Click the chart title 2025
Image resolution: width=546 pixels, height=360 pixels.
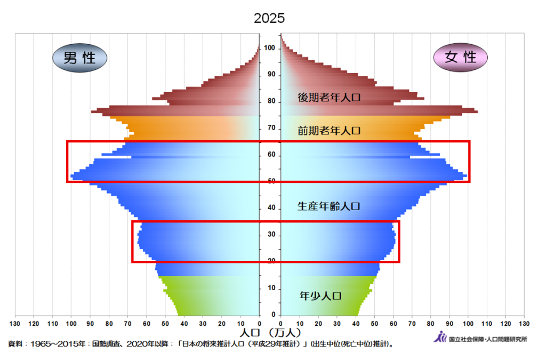[269, 18]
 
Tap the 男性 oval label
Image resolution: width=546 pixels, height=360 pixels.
[80, 58]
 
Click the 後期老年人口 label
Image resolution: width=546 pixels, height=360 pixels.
[330, 98]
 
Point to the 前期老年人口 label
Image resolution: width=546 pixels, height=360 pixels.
[330, 130]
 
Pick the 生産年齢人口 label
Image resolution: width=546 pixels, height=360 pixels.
[330, 206]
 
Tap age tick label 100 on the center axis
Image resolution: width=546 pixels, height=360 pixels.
[270, 49]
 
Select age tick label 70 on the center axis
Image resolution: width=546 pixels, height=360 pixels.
[270, 128]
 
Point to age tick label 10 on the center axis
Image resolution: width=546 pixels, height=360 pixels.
[270, 289]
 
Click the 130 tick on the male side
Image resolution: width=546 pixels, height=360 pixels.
[15, 323]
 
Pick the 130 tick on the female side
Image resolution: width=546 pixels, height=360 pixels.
[524, 323]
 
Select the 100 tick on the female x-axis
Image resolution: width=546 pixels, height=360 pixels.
[468, 323]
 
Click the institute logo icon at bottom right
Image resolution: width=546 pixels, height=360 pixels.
[440, 337]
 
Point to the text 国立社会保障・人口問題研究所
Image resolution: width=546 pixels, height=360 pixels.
[487, 339]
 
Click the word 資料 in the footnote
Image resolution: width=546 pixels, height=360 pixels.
[15, 344]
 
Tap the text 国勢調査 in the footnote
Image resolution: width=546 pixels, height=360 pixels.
[109, 344]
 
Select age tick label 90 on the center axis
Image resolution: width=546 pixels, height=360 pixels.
[270, 75]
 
